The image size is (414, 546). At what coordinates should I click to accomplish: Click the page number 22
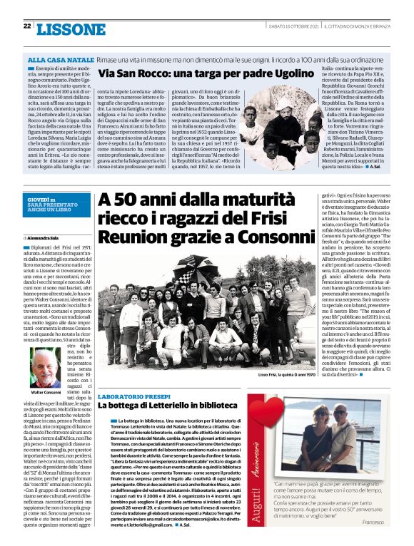[x=26, y=26]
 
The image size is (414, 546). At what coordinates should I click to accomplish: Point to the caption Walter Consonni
[x=45, y=393]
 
